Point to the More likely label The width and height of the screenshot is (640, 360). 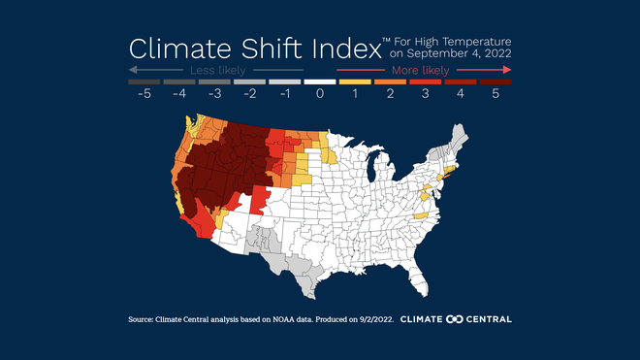(420, 71)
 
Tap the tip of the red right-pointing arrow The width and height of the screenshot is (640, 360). (510, 71)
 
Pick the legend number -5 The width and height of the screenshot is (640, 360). (142, 94)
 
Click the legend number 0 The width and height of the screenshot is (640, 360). (320, 94)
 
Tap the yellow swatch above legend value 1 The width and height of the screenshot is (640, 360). (355, 82)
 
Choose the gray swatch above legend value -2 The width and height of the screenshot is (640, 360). (248, 82)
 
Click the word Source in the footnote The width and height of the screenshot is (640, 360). (144, 319)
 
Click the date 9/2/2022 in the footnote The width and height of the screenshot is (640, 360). (374, 319)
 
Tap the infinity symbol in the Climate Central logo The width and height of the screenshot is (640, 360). (452, 319)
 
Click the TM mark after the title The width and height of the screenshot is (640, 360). (386, 40)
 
